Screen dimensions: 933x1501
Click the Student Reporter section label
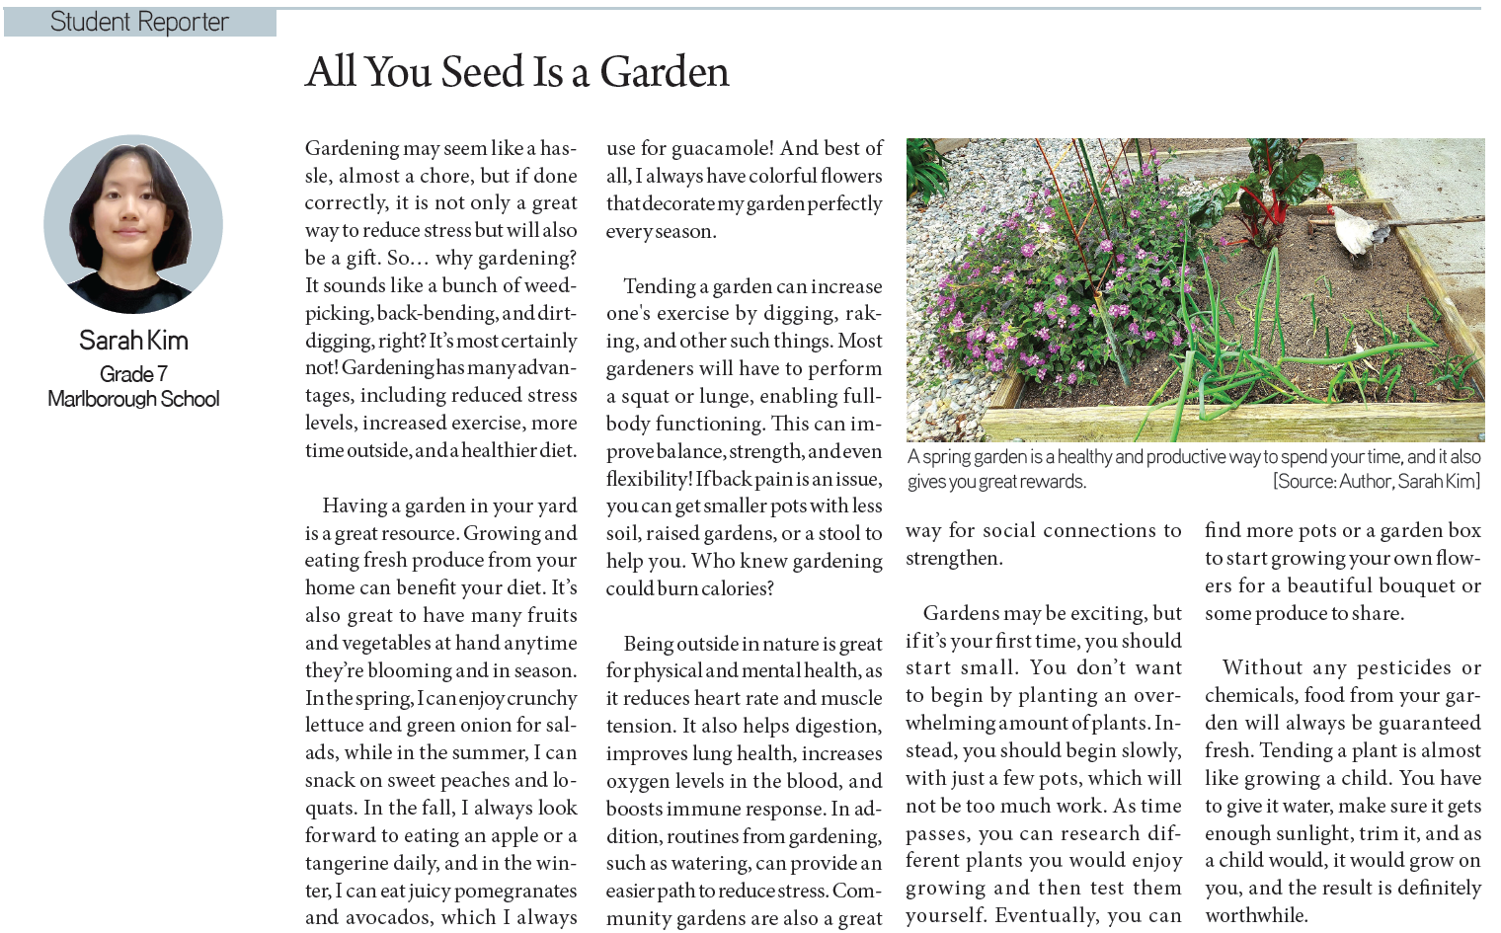click(139, 22)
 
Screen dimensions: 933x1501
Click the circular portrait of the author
click(133, 224)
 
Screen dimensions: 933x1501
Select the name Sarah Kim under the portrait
click(133, 341)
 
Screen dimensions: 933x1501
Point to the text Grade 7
click(133, 374)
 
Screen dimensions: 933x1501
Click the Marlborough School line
click(133, 399)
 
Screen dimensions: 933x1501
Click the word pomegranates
click(514, 891)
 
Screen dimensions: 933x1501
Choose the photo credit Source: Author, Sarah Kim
click(1377, 482)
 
